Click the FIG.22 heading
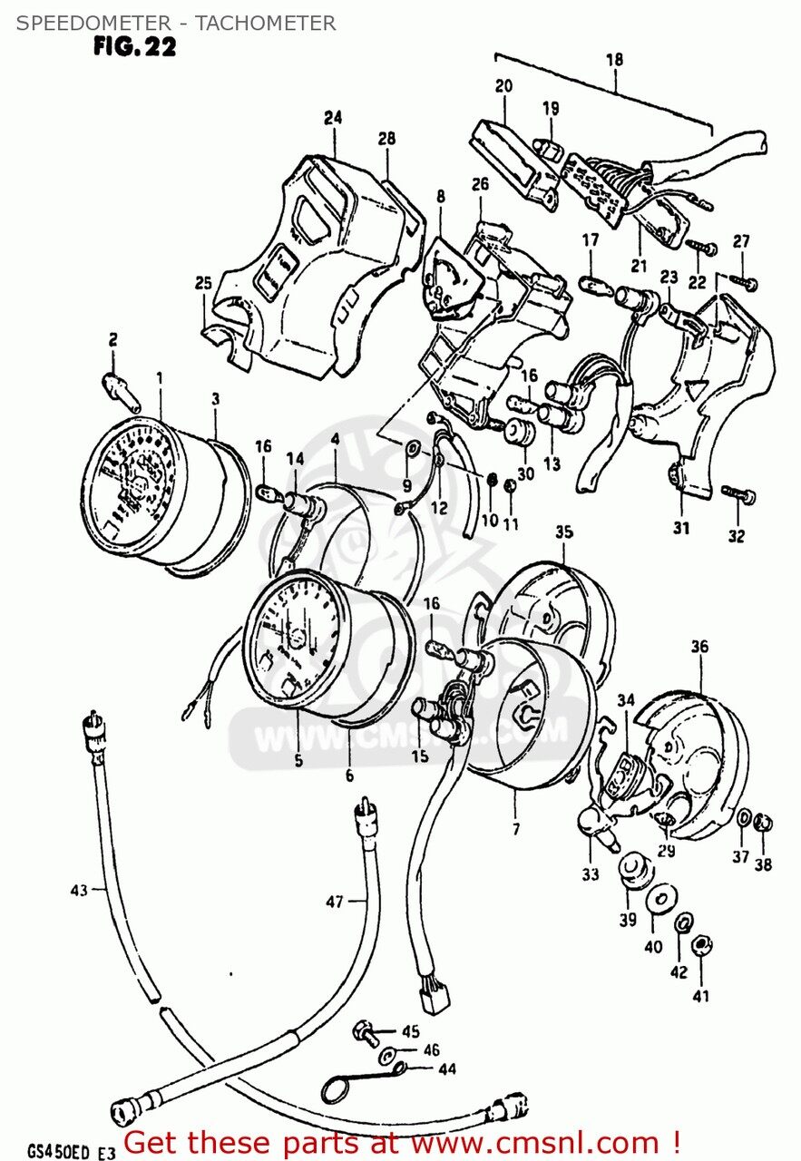[134, 47]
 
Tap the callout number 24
[333, 117]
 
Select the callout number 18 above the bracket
[614, 60]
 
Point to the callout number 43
[78, 890]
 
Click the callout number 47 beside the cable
[335, 901]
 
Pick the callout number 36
[698, 647]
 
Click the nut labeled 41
[700, 946]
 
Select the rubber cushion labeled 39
[635, 869]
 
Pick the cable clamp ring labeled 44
[344, 1086]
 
